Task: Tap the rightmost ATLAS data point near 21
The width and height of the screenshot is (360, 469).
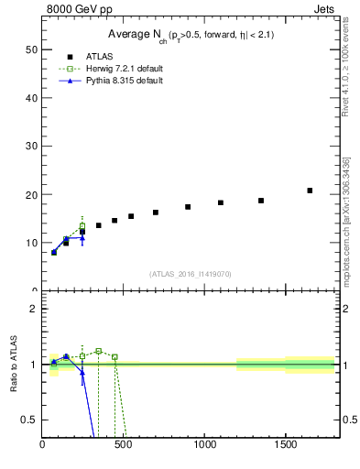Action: point(310,191)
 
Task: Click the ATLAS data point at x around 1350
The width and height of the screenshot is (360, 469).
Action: point(261,201)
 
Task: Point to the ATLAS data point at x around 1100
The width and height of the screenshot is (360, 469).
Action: point(221,202)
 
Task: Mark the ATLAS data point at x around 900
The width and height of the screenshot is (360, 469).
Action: point(188,207)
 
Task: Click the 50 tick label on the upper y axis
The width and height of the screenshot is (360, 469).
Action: point(29,49)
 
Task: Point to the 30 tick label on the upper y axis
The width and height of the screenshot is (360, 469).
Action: point(29,147)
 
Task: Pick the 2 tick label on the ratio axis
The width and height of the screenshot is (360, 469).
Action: point(33,309)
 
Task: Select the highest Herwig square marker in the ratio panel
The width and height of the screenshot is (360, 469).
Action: point(99,351)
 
